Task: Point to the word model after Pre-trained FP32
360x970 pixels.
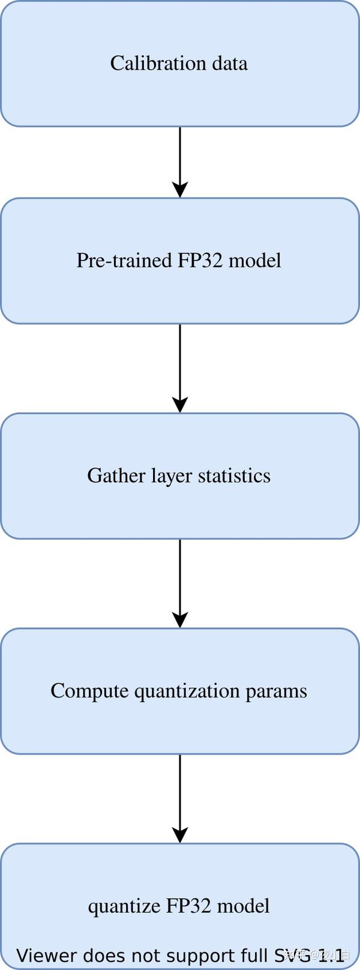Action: click(x=254, y=261)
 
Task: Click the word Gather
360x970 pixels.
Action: click(x=108, y=475)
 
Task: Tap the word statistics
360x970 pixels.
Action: click(x=234, y=475)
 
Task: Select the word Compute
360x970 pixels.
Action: click(x=89, y=691)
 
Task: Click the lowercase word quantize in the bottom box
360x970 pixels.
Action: click(x=120, y=906)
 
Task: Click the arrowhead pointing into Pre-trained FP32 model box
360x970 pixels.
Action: click(x=180, y=189)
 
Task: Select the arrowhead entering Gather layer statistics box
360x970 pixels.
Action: click(x=180, y=404)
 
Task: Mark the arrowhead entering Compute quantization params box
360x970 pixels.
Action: click(x=180, y=619)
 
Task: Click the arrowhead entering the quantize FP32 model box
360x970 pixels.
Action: click(x=180, y=834)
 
